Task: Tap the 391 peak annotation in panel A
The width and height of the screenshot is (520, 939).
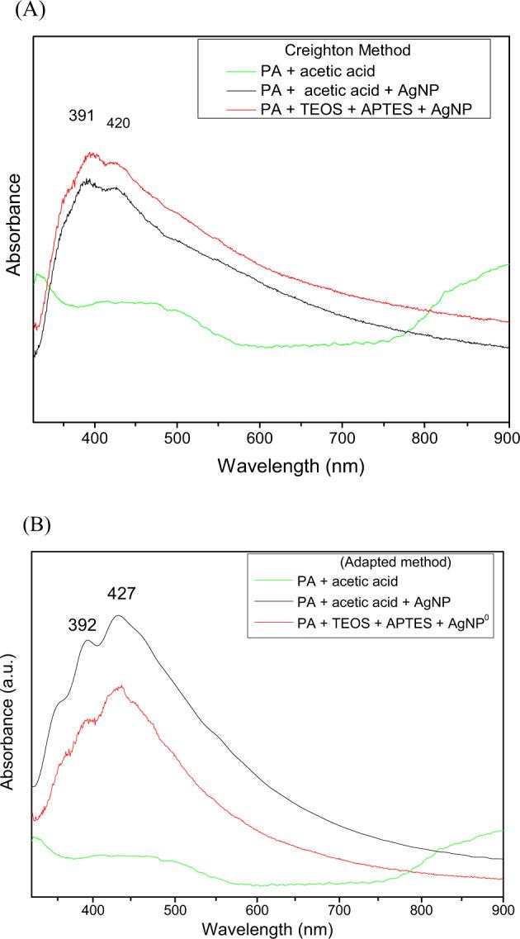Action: click(x=82, y=116)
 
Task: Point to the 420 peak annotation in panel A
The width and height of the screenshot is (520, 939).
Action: click(x=118, y=123)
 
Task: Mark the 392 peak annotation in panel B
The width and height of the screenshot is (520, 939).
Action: click(x=83, y=625)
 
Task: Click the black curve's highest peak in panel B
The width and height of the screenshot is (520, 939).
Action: click(x=119, y=615)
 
